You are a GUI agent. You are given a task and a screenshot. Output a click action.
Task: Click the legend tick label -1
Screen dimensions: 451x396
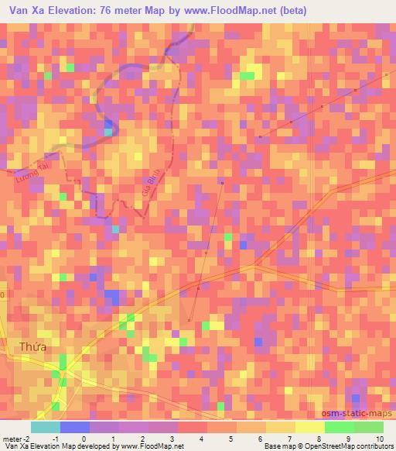click(x=56, y=438)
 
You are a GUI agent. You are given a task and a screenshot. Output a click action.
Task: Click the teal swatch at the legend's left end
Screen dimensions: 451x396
click(x=45, y=427)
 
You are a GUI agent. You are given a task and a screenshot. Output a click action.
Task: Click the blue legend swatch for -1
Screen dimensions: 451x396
click(x=74, y=427)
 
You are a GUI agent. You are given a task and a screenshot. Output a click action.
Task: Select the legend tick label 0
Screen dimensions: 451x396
click(x=84, y=438)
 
